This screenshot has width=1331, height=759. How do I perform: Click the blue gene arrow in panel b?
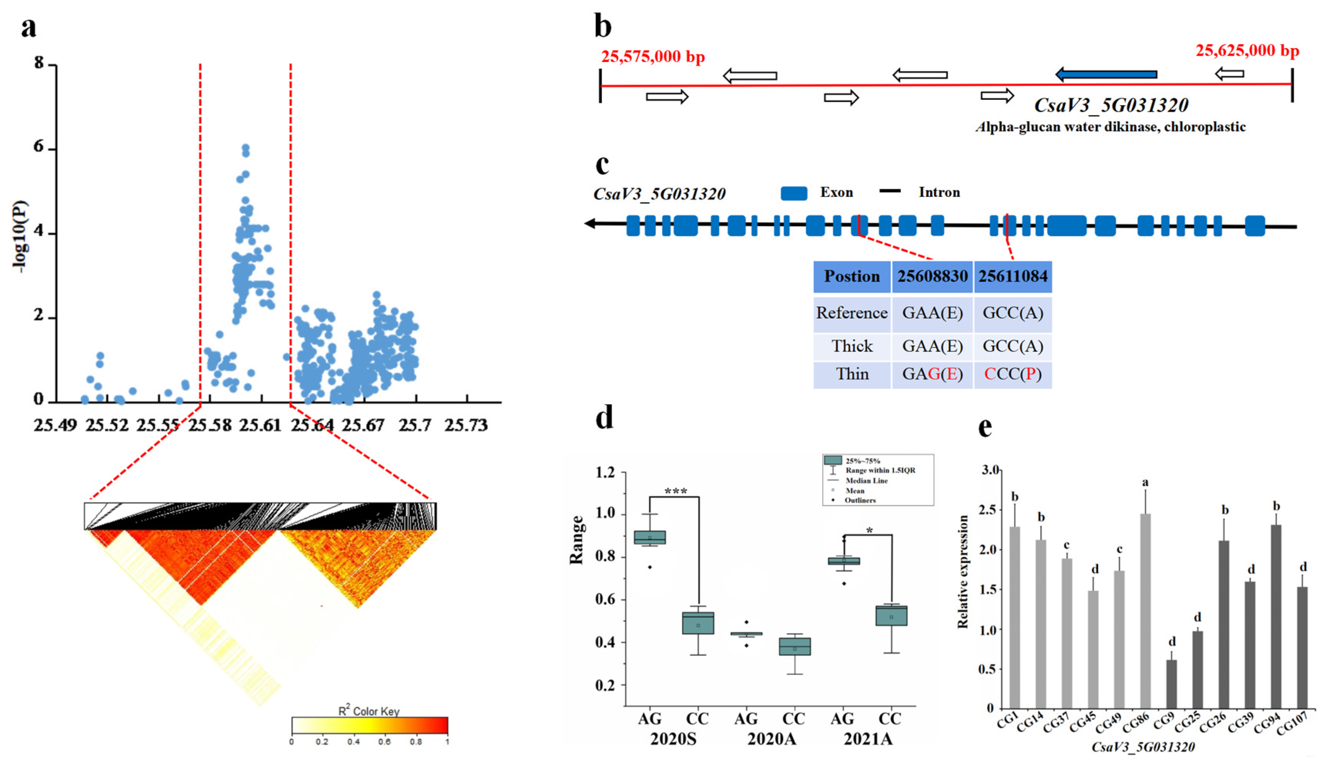point(1106,74)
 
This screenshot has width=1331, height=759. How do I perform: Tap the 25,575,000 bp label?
point(653,56)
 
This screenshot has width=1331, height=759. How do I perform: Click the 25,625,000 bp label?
point(1247,50)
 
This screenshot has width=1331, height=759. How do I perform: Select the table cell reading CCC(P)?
point(1012,374)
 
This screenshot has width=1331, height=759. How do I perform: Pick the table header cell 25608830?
point(932,276)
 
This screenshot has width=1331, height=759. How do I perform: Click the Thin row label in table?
point(852,374)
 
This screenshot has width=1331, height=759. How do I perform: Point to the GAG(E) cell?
point(932,374)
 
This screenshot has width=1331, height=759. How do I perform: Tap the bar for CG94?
point(1276,616)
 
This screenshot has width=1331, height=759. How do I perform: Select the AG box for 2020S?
point(650,537)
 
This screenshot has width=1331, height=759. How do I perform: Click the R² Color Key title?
point(369,711)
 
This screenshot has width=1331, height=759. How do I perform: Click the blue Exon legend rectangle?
point(793,193)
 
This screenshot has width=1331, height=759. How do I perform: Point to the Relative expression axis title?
point(963,571)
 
